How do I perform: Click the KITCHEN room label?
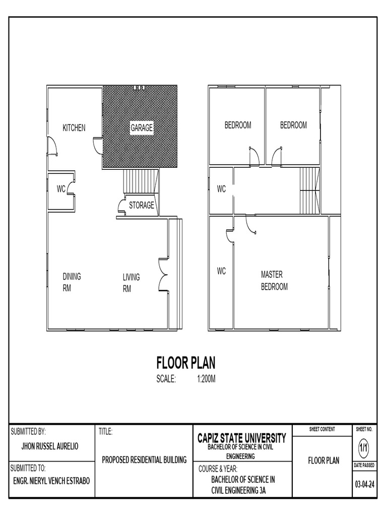74,128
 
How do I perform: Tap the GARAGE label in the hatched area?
142,128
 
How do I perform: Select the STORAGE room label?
142,206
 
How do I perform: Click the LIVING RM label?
131,283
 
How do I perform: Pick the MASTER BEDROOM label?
274,281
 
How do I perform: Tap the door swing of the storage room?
121,206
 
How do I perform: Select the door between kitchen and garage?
96,146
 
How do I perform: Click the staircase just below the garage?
141,181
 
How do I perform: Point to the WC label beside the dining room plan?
61,189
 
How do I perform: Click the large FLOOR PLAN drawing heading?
186,363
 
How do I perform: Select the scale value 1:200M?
206,379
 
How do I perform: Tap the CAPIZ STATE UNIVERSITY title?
241,438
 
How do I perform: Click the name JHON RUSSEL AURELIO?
49,446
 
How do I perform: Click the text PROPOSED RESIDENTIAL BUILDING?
144,460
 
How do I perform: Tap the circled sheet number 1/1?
364,447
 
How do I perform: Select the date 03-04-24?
364,485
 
